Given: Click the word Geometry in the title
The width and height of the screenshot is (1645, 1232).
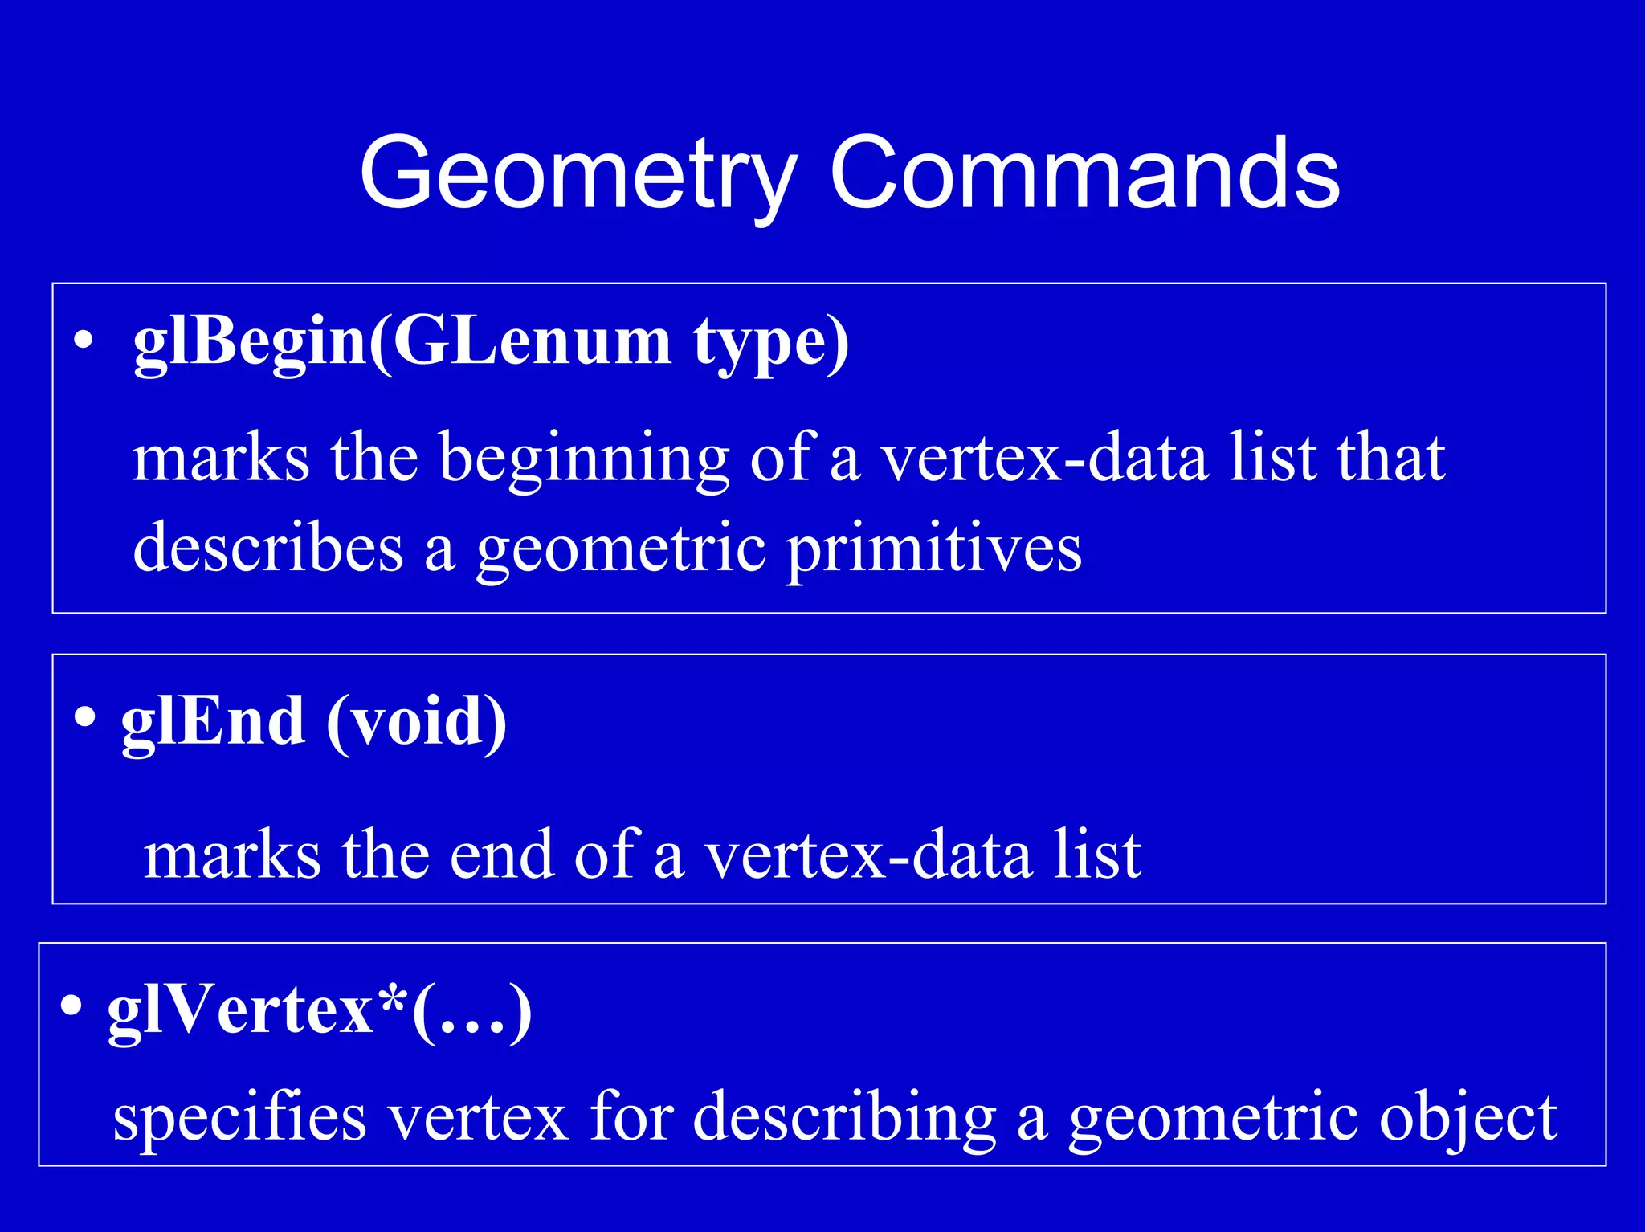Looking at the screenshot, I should coord(578,174).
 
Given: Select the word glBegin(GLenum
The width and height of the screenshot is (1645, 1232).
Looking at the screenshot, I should coord(402,343).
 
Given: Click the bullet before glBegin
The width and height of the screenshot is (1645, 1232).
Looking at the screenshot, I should coord(83,342).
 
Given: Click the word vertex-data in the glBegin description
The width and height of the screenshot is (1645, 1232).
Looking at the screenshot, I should coord(1045,458).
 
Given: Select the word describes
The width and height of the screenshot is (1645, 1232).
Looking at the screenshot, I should coord(268,548).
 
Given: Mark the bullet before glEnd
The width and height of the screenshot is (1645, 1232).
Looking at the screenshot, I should coord(84,716).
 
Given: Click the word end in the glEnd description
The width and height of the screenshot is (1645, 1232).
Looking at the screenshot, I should coord(501,855).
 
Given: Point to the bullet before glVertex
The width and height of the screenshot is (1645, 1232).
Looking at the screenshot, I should coord(71,1006).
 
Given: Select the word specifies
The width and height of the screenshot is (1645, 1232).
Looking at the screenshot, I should coord(239,1118).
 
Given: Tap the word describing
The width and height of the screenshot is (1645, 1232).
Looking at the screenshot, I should coord(844,1118).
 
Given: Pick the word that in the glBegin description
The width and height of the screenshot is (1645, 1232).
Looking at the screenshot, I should coord(1390,458).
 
